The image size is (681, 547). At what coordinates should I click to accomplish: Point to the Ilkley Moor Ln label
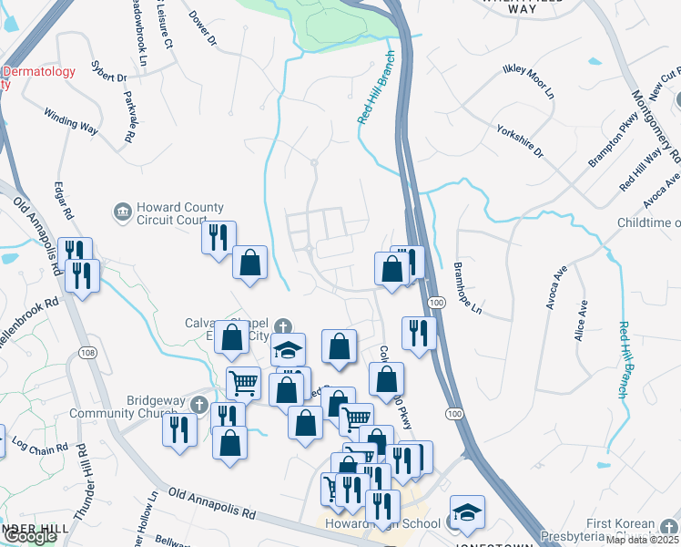click(528, 81)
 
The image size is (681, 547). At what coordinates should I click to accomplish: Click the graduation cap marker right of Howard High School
click(467, 512)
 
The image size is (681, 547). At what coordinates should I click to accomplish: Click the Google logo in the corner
click(29, 537)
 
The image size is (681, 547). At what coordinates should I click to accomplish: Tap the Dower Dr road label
click(204, 28)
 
